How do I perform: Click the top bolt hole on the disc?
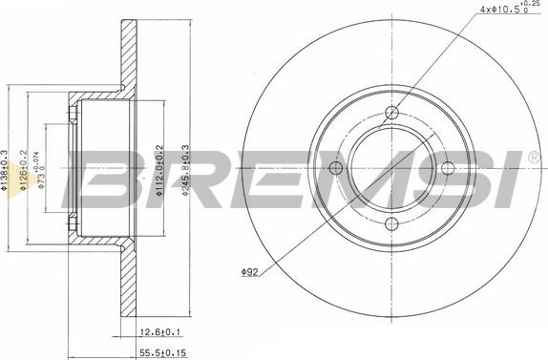[390, 114]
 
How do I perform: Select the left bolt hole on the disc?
[336, 169]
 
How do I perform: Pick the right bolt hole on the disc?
[446, 169]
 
